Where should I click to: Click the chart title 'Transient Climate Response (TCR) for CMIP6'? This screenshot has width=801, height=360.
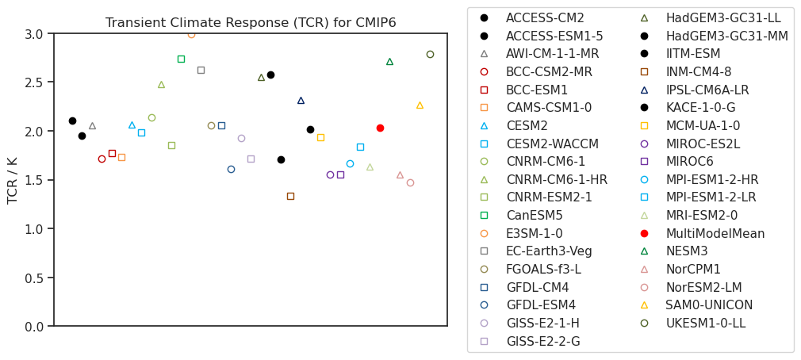click(251, 23)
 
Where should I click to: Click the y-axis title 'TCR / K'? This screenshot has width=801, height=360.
click(13, 180)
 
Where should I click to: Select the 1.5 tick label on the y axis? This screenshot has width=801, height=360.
click(33, 180)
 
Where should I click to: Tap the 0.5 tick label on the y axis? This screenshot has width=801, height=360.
click(33, 278)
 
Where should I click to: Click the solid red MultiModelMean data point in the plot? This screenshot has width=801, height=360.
click(380, 128)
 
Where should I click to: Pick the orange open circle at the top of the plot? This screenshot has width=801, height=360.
click(191, 34)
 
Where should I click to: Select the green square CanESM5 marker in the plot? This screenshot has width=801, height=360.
click(181, 59)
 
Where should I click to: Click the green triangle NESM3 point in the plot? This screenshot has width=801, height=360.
click(389, 62)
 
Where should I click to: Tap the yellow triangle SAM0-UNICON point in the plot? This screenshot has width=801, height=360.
click(420, 105)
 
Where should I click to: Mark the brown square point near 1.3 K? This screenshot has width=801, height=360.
click(290, 196)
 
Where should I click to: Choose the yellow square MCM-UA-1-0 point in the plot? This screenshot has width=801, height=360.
click(320, 137)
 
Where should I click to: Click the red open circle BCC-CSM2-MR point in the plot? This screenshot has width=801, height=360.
click(102, 159)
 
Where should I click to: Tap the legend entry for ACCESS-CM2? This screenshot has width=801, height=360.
click(545, 17)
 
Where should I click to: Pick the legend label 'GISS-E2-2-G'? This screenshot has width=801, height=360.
click(542, 342)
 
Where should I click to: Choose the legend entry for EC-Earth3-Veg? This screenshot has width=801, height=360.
click(549, 251)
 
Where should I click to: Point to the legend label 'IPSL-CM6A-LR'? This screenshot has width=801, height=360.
click(707, 90)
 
